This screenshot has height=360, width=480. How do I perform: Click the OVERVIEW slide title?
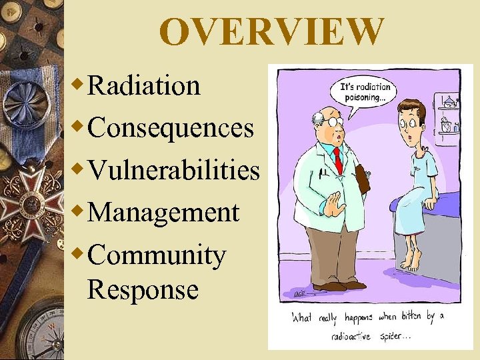(x=271, y=32)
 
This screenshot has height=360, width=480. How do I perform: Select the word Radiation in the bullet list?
(x=143, y=85)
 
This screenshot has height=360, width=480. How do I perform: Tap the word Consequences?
(x=170, y=127)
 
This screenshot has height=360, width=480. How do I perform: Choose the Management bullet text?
(x=163, y=212)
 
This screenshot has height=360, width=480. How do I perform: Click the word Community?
(x=156, y=255)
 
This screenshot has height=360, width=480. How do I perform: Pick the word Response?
(x=142, y=290)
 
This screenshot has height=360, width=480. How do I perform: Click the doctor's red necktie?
(x=337, y=160)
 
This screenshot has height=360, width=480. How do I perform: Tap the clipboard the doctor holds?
(x=363, y=178)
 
